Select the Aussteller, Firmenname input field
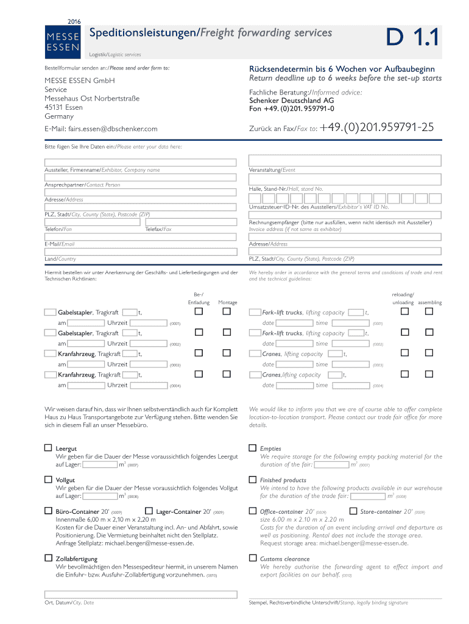pos(140,163)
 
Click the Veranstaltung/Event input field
pos(345,160)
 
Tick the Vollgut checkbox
pos(48,480)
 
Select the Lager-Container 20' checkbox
pos(149,511)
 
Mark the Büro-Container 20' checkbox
pos(48,511)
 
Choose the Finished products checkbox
pos(252,480)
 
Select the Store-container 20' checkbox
pos(353,511)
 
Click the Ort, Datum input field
pos(140,595)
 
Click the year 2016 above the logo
pos(74,21)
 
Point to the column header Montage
pos(228,303)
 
